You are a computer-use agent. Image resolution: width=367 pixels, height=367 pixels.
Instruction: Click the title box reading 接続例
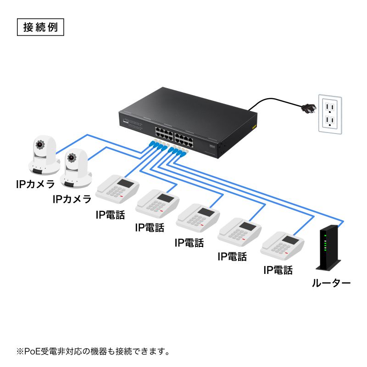coord(40,27)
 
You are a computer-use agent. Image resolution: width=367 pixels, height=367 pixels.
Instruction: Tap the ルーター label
coord(331,283)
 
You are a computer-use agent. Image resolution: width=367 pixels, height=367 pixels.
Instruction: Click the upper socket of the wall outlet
coord(330,106)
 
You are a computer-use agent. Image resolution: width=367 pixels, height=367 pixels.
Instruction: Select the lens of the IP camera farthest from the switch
coord(39,145)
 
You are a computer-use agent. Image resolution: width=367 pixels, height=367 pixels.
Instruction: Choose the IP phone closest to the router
coord(282,245)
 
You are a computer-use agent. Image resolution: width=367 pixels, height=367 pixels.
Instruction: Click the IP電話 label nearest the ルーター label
coord(278,270)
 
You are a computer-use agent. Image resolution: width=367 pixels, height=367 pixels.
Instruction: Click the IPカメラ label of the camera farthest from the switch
coord(35,184)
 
